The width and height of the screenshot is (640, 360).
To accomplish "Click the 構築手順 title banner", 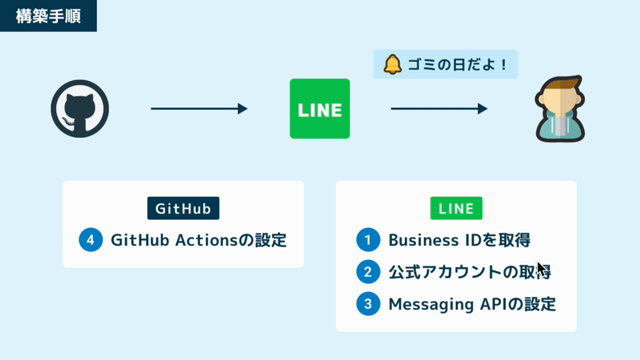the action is point(48,16).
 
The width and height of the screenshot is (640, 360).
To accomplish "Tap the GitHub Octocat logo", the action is point(80,109).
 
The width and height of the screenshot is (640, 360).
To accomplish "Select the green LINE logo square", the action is point(320,109).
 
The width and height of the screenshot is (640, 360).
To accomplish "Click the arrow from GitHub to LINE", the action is point(199,109).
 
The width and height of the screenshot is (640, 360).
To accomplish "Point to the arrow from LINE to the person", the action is point(439,109).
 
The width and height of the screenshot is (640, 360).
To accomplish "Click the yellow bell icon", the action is point(393,64).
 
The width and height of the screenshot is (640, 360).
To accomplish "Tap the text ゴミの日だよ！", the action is point(458,64).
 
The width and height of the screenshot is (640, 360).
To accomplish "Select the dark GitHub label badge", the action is point(183,208).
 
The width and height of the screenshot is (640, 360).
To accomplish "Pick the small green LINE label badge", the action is point(456,208).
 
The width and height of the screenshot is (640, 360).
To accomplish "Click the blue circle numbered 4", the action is point(91,240).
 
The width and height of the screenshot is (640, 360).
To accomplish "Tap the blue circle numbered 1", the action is point(368,240).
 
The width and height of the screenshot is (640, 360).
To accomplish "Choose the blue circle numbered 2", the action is point(368,272).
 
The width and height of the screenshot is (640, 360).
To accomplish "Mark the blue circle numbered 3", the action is point(368,304).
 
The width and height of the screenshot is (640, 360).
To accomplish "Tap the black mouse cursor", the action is point(542,269).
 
